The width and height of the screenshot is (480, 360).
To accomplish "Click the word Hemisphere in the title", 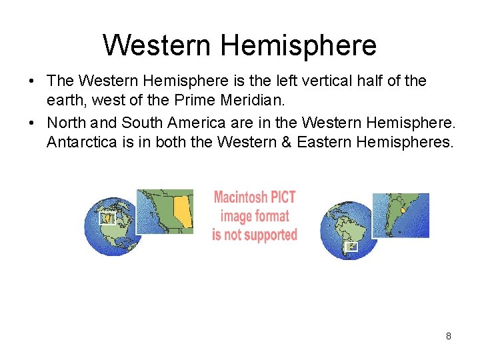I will (298, 45).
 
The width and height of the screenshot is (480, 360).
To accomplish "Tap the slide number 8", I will (448, 336).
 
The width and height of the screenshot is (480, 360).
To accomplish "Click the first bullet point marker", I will (32, 81).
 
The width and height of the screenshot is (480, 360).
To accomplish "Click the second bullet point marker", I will (32, 123).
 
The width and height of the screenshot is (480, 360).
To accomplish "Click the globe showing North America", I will (110, 227).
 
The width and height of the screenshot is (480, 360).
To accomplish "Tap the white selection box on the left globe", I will (107, 218).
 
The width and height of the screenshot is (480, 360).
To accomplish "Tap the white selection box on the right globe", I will (351, 246).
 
